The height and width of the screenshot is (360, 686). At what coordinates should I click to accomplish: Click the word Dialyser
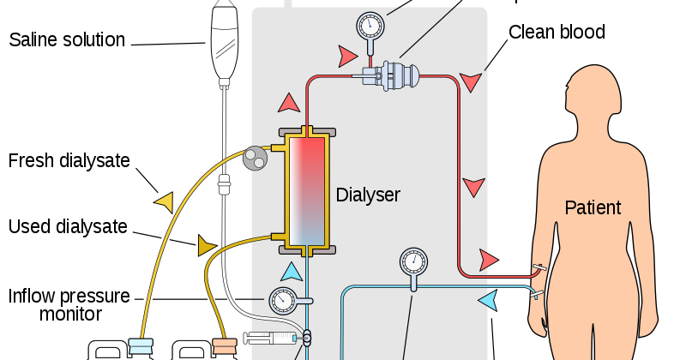click(368, 195)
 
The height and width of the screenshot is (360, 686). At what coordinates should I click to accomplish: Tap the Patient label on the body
click(593, 207)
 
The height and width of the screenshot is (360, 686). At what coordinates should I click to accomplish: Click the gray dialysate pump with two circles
click(255, 158)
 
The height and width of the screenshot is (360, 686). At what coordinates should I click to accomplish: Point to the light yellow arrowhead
click(164, 202)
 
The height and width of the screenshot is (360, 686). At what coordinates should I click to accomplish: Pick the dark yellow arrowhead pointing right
click(207, 246)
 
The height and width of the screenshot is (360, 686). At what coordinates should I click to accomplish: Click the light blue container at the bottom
click(141, 346)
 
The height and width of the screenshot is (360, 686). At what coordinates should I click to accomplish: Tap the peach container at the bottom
click(224, 346)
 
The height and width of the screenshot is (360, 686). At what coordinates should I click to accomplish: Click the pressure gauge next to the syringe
click(283, 301)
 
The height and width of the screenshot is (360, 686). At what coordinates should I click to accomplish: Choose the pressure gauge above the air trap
click(370, 25)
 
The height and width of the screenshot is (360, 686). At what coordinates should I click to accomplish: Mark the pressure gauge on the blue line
click(413, 261)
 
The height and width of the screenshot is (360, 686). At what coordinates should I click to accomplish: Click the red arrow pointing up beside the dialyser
click(289, 103)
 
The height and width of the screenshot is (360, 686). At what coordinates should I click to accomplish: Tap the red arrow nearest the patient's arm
click(489, 259)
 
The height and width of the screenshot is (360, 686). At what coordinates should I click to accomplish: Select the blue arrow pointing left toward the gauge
click(488, 301)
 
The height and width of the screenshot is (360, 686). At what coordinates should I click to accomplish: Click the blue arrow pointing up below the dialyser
click(292, 272)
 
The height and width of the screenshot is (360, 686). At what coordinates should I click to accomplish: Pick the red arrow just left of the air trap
click(346, 57)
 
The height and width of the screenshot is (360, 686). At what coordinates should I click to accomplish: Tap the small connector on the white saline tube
click(224, 183)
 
